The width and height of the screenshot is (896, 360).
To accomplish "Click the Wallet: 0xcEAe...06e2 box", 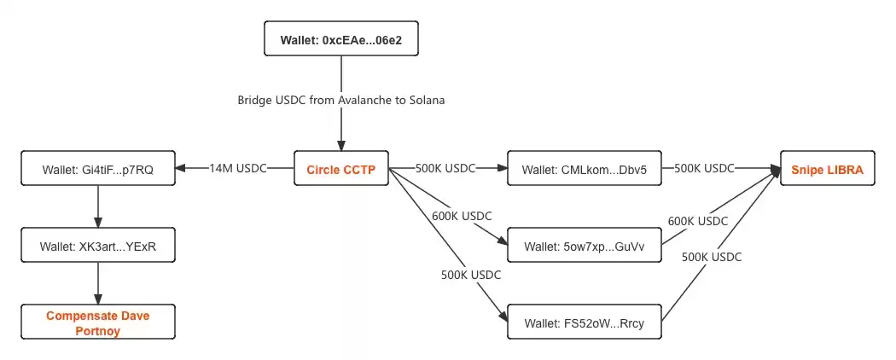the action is pyautogui.click(x=341, y=39).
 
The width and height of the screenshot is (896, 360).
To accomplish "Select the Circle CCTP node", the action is pyautogui.click(x=341, y=169).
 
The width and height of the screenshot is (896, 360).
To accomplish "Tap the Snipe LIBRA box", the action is pyautogui.click(x=828, y=169).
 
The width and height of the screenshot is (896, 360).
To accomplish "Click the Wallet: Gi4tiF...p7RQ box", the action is pyautogui.click(x=98, y=169).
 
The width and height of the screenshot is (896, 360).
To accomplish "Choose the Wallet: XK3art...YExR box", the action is pyautogui.click(x=98, y=246).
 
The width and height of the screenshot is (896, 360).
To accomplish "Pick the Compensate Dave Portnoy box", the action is pyautogui.click(x=98, y=322).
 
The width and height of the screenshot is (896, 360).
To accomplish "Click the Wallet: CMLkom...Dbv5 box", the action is pyautogui.click(x=585, y=169).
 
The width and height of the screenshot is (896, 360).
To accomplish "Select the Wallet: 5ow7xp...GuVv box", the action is pyautogui.click(x=585, y=246).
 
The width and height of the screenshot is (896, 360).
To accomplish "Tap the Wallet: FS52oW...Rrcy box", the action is pyautogui.click(x=585, y=322).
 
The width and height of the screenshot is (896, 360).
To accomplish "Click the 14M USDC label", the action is pyautogui.click(x=237, y=169).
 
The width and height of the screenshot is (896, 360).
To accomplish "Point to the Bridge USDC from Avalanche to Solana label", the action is pyautogui.click(x=341, y=100).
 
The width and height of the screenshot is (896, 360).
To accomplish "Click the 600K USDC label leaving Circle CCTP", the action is pyautogui.click(x=463, y=217).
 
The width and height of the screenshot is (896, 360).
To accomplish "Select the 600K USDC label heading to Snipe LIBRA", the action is pyautogui.click(x=697, y=221).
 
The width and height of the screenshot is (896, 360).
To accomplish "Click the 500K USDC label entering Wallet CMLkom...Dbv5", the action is pyautogui.click(x=445, y=169).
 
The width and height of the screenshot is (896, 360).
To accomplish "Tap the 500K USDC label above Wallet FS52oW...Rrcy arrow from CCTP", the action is pyautogui.click(x=471, y=275).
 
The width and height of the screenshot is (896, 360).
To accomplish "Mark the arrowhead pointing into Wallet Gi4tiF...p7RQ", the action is pyautogui.click(x=181, y=169).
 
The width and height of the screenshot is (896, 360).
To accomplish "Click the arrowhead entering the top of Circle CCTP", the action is pyautogui.click(x=341, y=145).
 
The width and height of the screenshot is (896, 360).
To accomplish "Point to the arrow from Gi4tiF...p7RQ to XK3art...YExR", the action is pyautogui.click(x=98, y=206).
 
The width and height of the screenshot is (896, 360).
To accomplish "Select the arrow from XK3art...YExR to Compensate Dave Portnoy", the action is pyautogui.click(x=98, y=284).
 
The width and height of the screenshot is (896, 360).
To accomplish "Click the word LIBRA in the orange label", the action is pyautogui.click(x=846, y=169).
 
